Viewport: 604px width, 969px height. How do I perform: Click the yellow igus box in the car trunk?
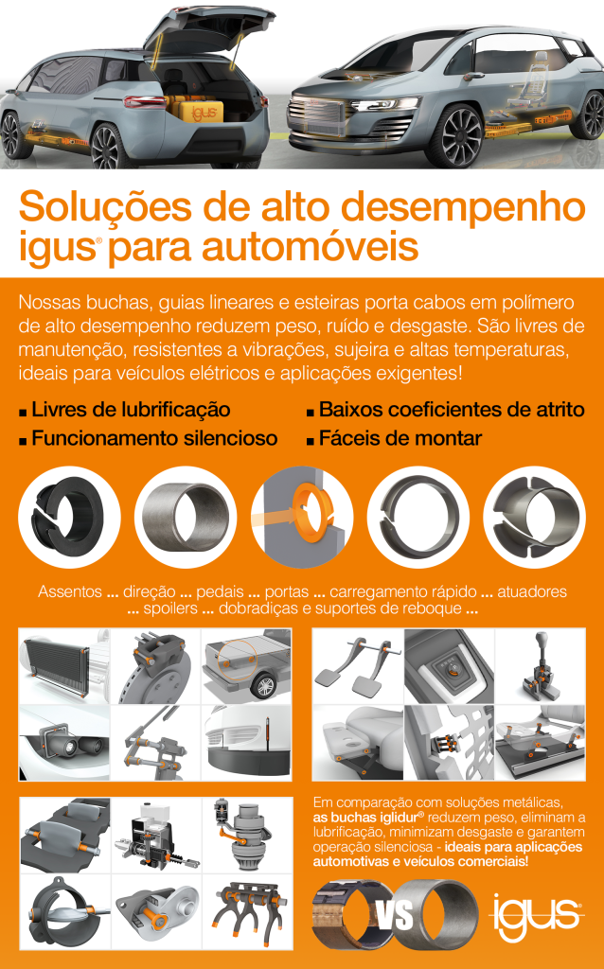(203, 113)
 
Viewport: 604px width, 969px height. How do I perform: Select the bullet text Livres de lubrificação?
(131, 409)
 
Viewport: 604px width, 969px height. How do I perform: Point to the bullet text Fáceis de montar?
(400, 438)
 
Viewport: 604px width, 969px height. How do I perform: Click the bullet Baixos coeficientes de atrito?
(452, 409)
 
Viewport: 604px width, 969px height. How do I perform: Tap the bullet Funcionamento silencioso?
(154, 438)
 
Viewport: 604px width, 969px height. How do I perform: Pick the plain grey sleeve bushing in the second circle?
(186, 517)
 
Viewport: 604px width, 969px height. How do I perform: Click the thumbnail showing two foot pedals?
(358, 666)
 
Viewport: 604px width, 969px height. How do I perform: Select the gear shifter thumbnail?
(540, 666)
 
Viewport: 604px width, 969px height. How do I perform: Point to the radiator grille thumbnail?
(64, 666)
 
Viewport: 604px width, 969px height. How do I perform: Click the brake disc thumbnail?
(156, 666)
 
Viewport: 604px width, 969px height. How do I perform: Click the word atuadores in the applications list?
(532, 591)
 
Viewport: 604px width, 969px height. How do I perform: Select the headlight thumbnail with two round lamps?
(64, 743)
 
